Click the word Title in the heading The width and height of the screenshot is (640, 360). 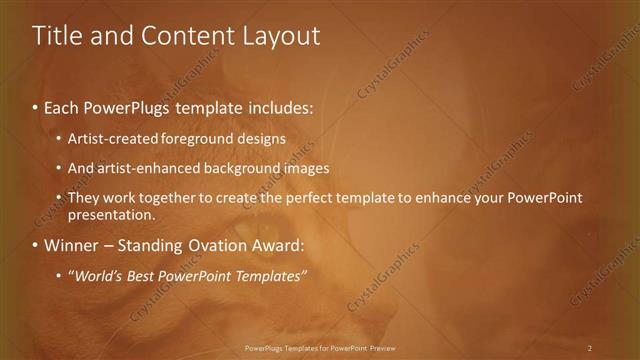click(x=57, y=36)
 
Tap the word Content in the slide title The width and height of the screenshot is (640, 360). click(x=187, y=36)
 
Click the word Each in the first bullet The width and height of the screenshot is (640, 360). click(x=62, y=105)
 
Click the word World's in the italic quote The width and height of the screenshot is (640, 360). click(x=96, y=276)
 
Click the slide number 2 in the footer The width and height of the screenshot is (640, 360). click(x=590, y=348)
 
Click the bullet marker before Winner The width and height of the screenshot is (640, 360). click(x=35, y=245)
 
